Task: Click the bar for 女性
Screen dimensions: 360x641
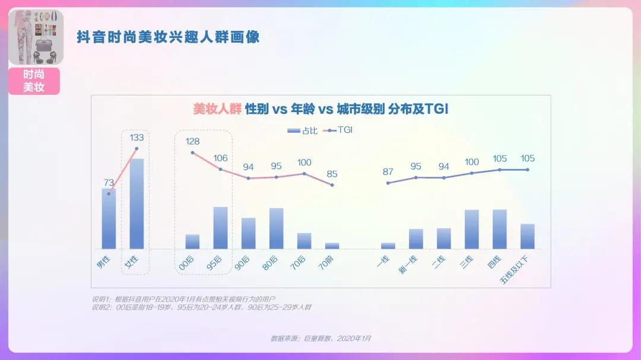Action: (x=137, y=203)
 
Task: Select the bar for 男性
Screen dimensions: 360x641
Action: (x=109, y=219)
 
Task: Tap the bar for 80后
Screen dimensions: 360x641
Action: (x=277, y=228)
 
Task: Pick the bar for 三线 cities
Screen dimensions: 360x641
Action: (x=472, y=229)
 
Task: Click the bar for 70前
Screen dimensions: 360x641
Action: (x=332, y=246)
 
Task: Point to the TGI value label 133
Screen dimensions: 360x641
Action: (x=137, y=138)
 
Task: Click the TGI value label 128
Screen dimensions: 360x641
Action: (x=193, y=142)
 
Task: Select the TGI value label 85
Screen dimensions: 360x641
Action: (x=332, y=174)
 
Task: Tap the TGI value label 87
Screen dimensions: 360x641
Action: (x=388, y=172)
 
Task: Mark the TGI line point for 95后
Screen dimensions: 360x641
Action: (x=221, y=170)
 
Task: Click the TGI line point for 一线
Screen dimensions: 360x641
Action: (x=388, y=183)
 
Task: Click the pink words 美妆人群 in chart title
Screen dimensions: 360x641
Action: (x=217, y=109)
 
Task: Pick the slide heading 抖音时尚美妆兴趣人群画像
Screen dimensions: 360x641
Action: (x=169, y=37)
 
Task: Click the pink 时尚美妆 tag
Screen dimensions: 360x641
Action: (x=34, y=81)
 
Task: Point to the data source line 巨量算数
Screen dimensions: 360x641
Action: (x=320, y=338)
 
